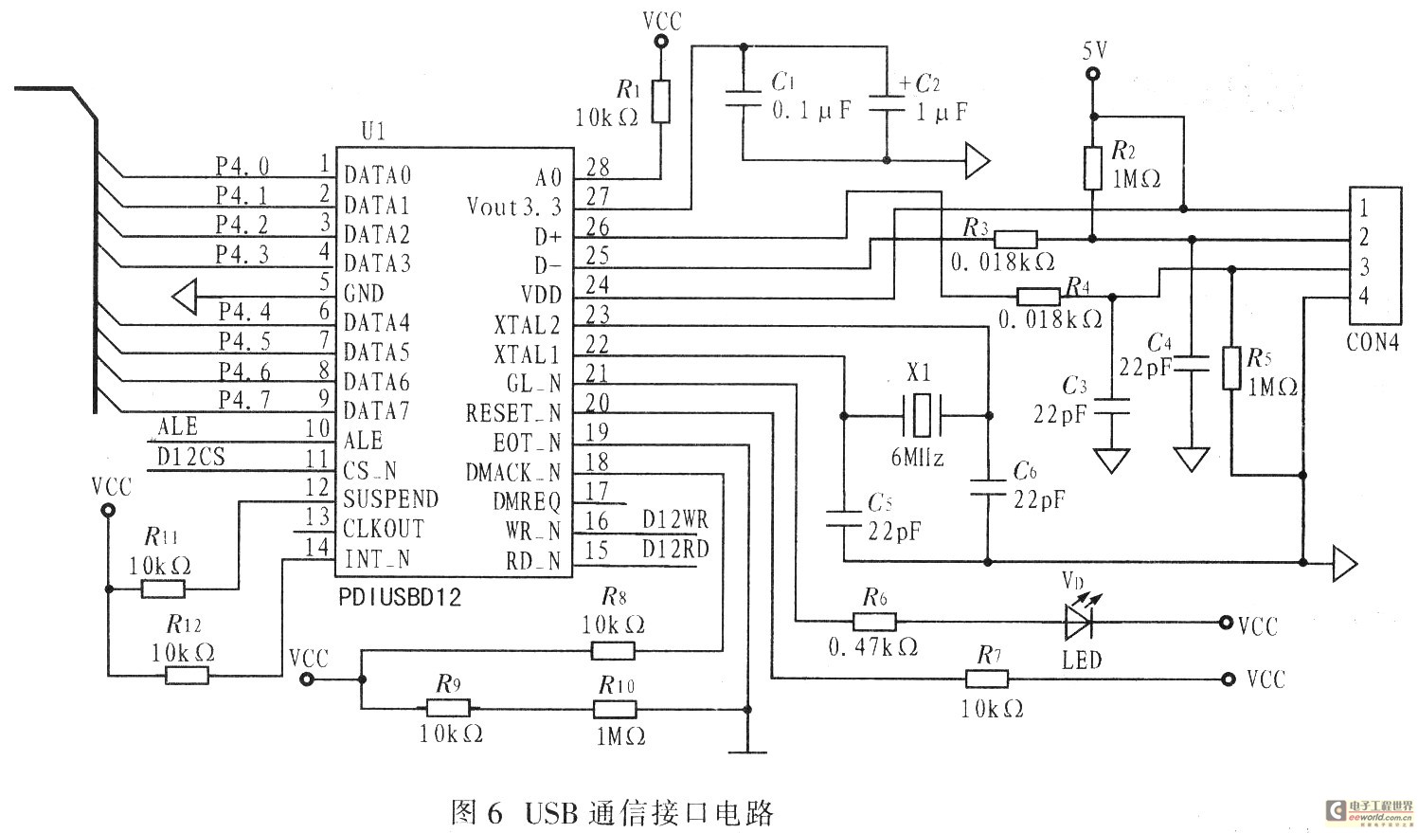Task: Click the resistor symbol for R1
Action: [660, 101]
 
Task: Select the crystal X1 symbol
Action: [919, 415]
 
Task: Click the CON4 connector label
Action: [1372, 343]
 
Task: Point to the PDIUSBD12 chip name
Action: [399, 598]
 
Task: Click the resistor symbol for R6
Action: [873, 622]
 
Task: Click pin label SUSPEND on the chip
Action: [390, 499]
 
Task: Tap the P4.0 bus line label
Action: [242, 166]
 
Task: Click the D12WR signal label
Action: [674, 520]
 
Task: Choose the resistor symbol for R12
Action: [187, 675]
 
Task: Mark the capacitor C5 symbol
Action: [842, 517]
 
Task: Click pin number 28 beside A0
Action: [598, 168]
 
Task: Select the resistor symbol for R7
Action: [986, 679]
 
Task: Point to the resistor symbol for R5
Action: [1230, 369]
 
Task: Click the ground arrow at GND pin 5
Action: [185, 297]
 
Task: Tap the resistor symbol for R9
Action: [447, 709]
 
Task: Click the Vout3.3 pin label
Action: [513, 207]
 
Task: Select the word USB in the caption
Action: [550, 812]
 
